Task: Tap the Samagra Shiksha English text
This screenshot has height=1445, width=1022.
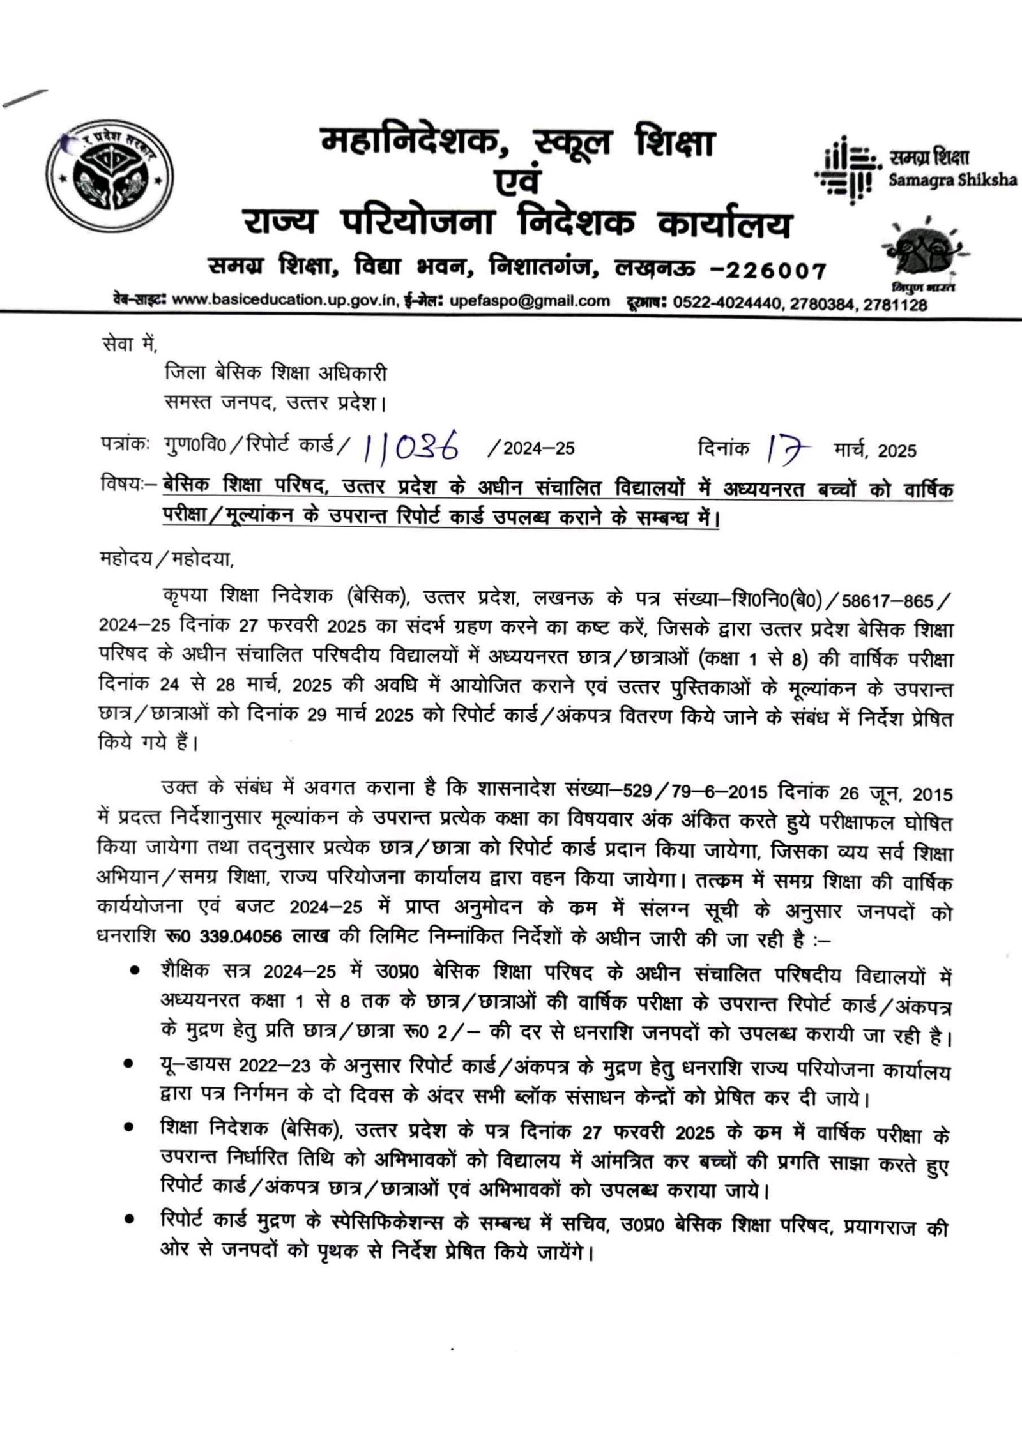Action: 952,180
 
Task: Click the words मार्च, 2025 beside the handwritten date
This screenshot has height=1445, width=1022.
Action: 874,451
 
